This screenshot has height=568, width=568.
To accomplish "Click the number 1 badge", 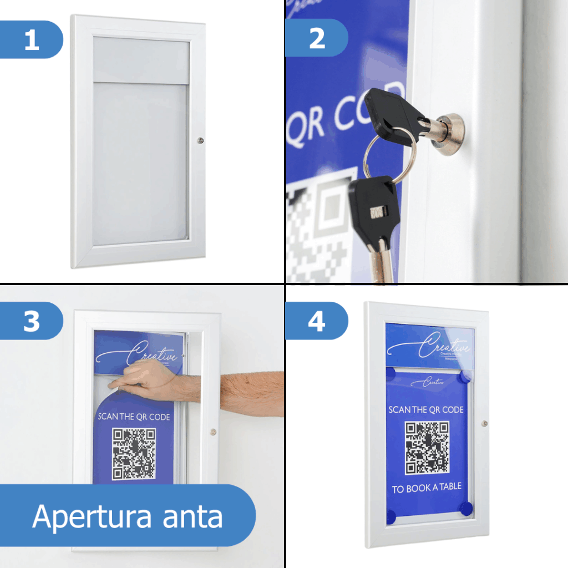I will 32,39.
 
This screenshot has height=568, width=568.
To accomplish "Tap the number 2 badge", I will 317,38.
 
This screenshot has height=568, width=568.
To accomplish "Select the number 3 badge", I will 32,321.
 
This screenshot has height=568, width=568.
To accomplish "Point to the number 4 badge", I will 317,321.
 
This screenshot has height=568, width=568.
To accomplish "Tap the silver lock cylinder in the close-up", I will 450,129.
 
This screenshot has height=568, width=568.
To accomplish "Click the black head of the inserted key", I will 397,114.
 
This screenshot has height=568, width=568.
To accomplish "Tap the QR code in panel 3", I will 134,454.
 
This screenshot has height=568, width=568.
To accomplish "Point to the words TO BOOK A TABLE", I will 427,489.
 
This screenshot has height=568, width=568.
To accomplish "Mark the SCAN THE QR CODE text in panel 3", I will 134,417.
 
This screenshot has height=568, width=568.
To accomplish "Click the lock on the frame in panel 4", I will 485,423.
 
